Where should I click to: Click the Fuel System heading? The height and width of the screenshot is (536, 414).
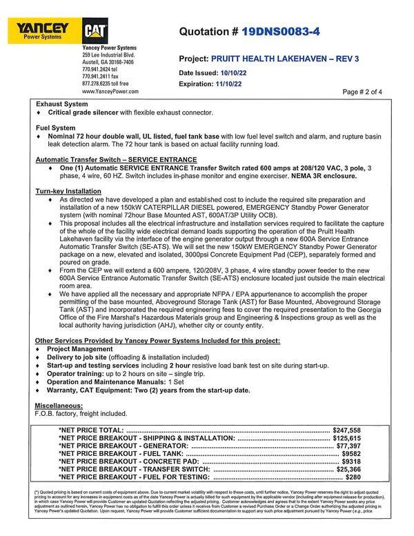(x=55, y=128)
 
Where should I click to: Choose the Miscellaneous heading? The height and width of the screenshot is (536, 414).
(x=58, y=405)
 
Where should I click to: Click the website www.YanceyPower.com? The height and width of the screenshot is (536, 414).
(x=110, y=91)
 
